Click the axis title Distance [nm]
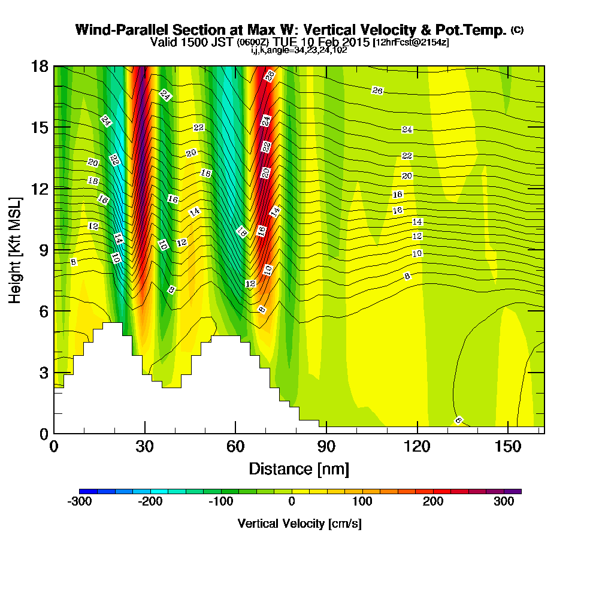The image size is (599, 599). click(299, 468)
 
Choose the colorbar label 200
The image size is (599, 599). click(433, 503)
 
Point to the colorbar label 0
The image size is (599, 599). click(292, 503)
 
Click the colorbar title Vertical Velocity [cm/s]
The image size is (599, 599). click(299, 524)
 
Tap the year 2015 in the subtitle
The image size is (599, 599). click(356, 43)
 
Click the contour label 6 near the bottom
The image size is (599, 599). click(458, 420)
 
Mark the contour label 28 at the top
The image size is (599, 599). click(270, 75)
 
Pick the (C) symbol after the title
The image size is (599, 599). click(516, 30)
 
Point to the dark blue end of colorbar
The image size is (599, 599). click(84, 491)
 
